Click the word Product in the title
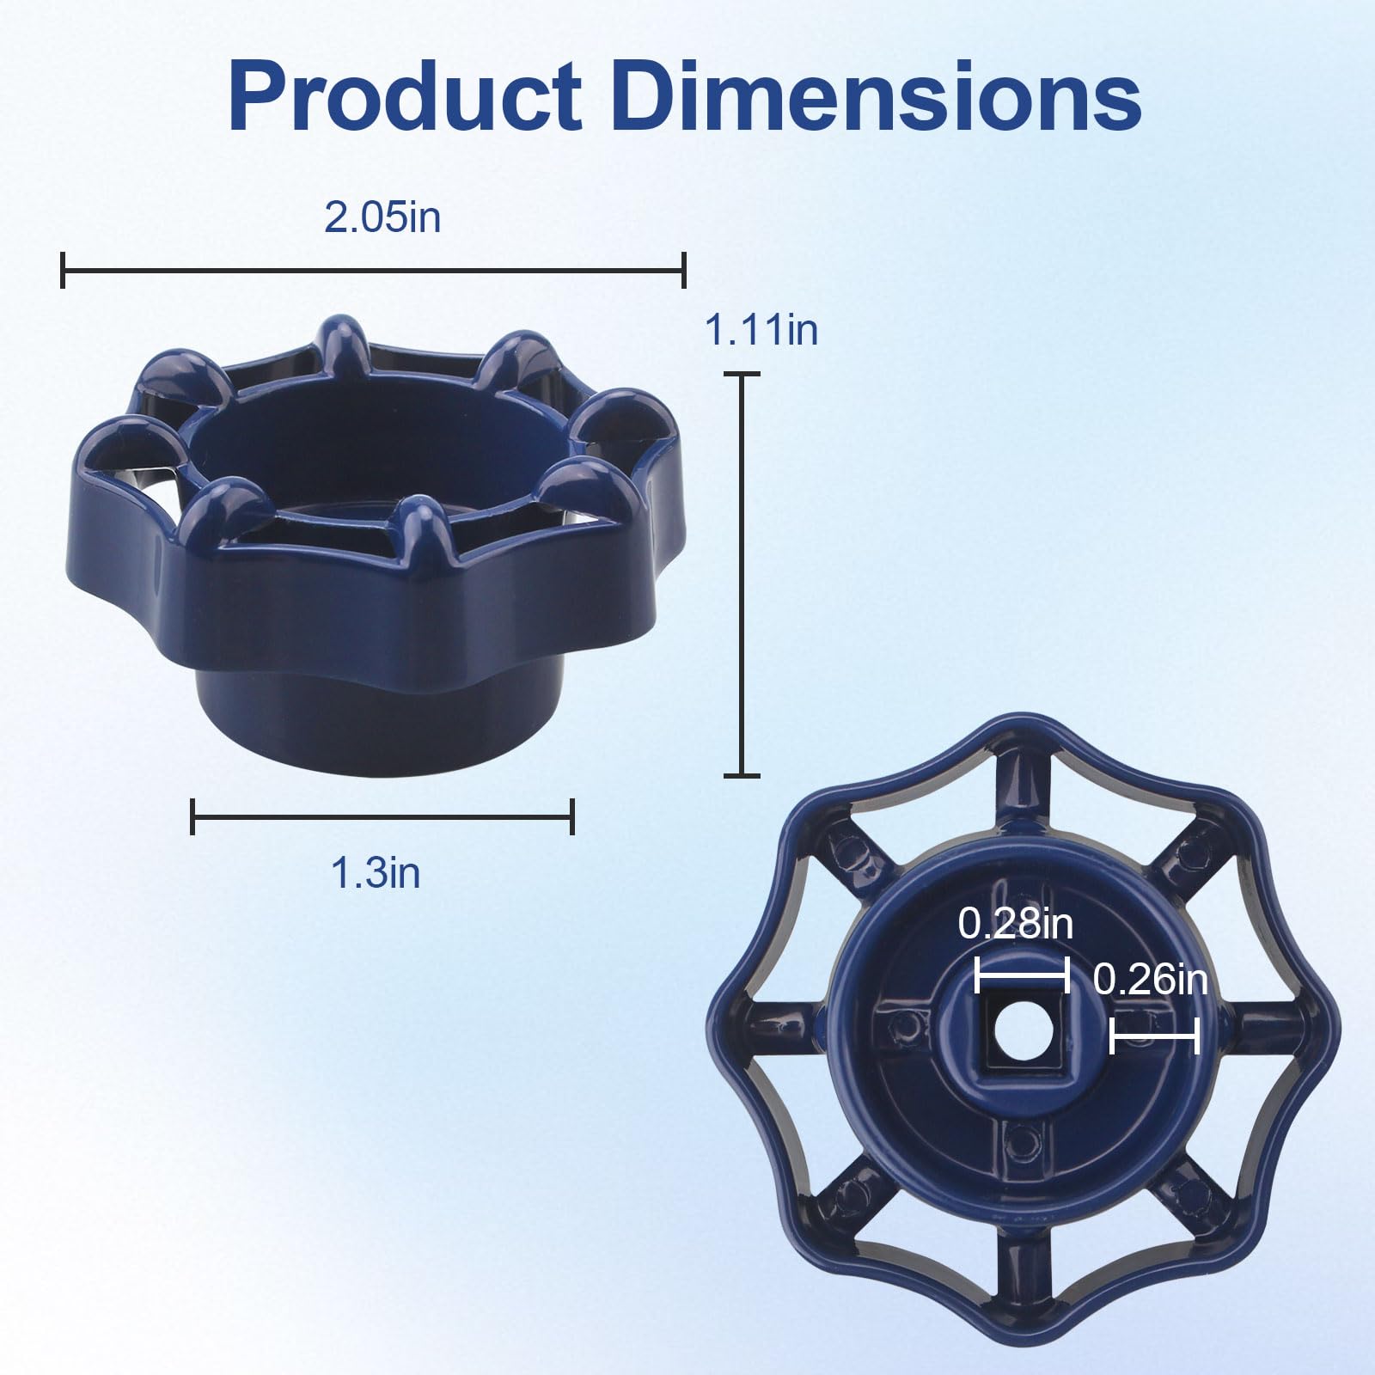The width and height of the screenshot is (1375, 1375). tap(404, 96)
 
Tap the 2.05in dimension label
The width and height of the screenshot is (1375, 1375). tap(382, 217)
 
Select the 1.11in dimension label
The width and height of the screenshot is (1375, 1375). tap(761, 330)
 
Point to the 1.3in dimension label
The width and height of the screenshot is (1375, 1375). tap(376, 873)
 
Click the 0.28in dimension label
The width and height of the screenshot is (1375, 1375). tap(1016, 925)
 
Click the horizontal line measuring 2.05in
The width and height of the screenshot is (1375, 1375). tap(374, 271)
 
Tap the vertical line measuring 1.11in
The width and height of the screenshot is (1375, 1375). tap(742, 575)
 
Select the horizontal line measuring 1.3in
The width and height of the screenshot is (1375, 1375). tap(382, 816)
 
